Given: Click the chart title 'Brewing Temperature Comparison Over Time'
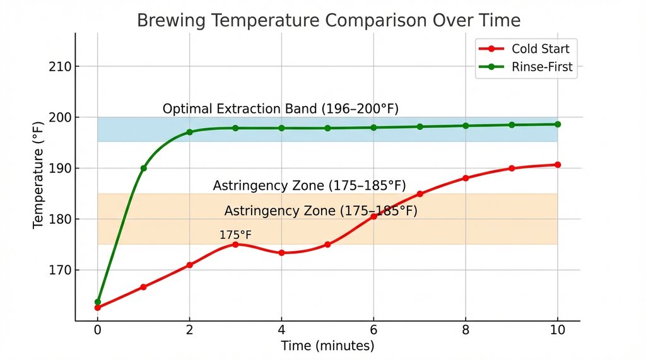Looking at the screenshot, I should (329, 20).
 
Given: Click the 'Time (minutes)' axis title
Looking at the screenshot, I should (327, 346).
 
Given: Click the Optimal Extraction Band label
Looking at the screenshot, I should (281, 108).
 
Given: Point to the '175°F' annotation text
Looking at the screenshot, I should (235, 235).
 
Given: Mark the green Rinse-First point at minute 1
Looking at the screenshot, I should (144, 168).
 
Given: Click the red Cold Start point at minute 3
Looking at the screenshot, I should (235, 244).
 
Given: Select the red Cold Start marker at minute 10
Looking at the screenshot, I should (557, 165).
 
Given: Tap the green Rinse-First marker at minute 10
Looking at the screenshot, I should (557, 124).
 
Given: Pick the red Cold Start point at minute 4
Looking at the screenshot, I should (281, 253).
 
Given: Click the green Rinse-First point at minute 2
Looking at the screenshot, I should (189, 132).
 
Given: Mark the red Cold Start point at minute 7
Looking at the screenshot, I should (420, 194).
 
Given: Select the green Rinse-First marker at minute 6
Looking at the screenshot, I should (373, 127).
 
